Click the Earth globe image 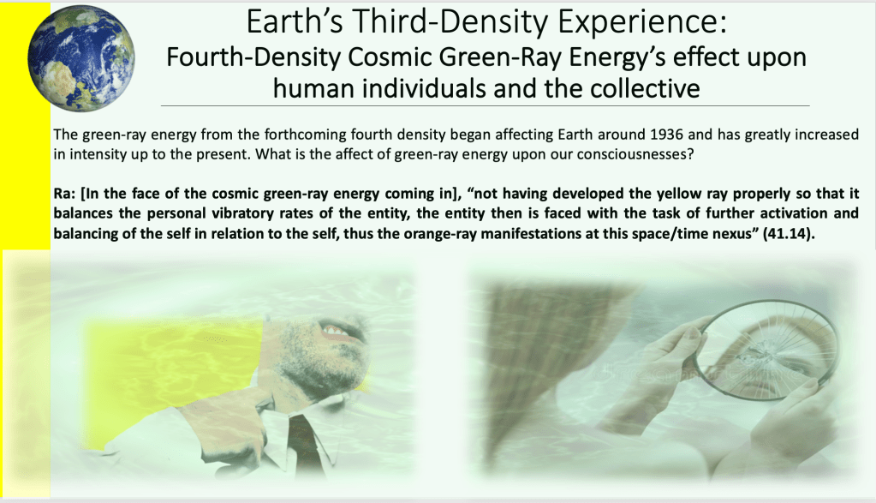[81, 58]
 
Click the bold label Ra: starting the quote [65, 194]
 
